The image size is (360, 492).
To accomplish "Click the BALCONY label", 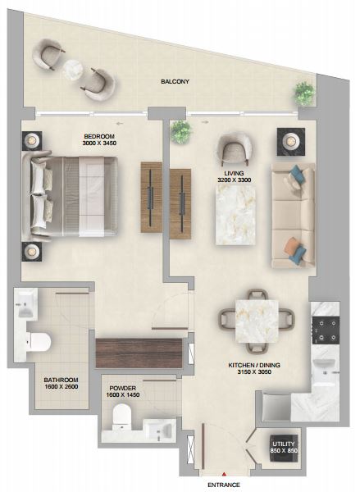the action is point(175,81).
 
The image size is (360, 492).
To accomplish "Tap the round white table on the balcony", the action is point(72,70).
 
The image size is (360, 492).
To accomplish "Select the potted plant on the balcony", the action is point(304,93).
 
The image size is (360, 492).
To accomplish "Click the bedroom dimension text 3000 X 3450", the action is point(99,143).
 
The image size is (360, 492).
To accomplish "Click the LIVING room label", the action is point(234,173).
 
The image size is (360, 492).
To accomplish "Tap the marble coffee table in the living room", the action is point(235,215).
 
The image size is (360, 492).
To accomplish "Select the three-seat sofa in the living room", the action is point(293,215).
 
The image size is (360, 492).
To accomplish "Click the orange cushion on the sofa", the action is point(290,246).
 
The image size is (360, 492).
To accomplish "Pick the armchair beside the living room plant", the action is point(235,149).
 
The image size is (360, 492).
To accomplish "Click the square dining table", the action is point(257,321).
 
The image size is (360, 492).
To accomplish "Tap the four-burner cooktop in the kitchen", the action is point(326,330).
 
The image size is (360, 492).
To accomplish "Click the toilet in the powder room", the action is point(121,416).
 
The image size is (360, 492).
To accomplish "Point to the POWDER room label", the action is point(123,388).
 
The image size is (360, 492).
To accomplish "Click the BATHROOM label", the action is point(62,380).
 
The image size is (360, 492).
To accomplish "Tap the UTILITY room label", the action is point(284,444).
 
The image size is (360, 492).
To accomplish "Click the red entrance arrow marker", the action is point(224,474).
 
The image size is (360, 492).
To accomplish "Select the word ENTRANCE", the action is point(224,485).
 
